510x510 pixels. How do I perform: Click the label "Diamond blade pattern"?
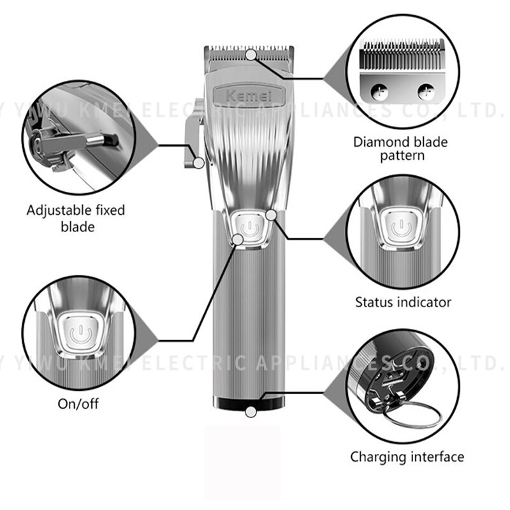400,148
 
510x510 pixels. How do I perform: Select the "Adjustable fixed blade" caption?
76,217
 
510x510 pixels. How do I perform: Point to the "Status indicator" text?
403,302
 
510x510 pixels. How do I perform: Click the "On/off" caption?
78,404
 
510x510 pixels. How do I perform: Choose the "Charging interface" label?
407,456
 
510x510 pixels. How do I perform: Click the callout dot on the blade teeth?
252,55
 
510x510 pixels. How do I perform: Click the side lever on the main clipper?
193,140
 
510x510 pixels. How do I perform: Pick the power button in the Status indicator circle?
401,228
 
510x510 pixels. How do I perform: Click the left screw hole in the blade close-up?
377,91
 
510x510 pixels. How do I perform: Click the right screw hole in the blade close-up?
425,91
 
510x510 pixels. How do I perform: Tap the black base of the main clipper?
249,404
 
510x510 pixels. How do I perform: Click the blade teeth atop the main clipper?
249,50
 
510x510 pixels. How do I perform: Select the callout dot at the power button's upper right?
272,215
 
